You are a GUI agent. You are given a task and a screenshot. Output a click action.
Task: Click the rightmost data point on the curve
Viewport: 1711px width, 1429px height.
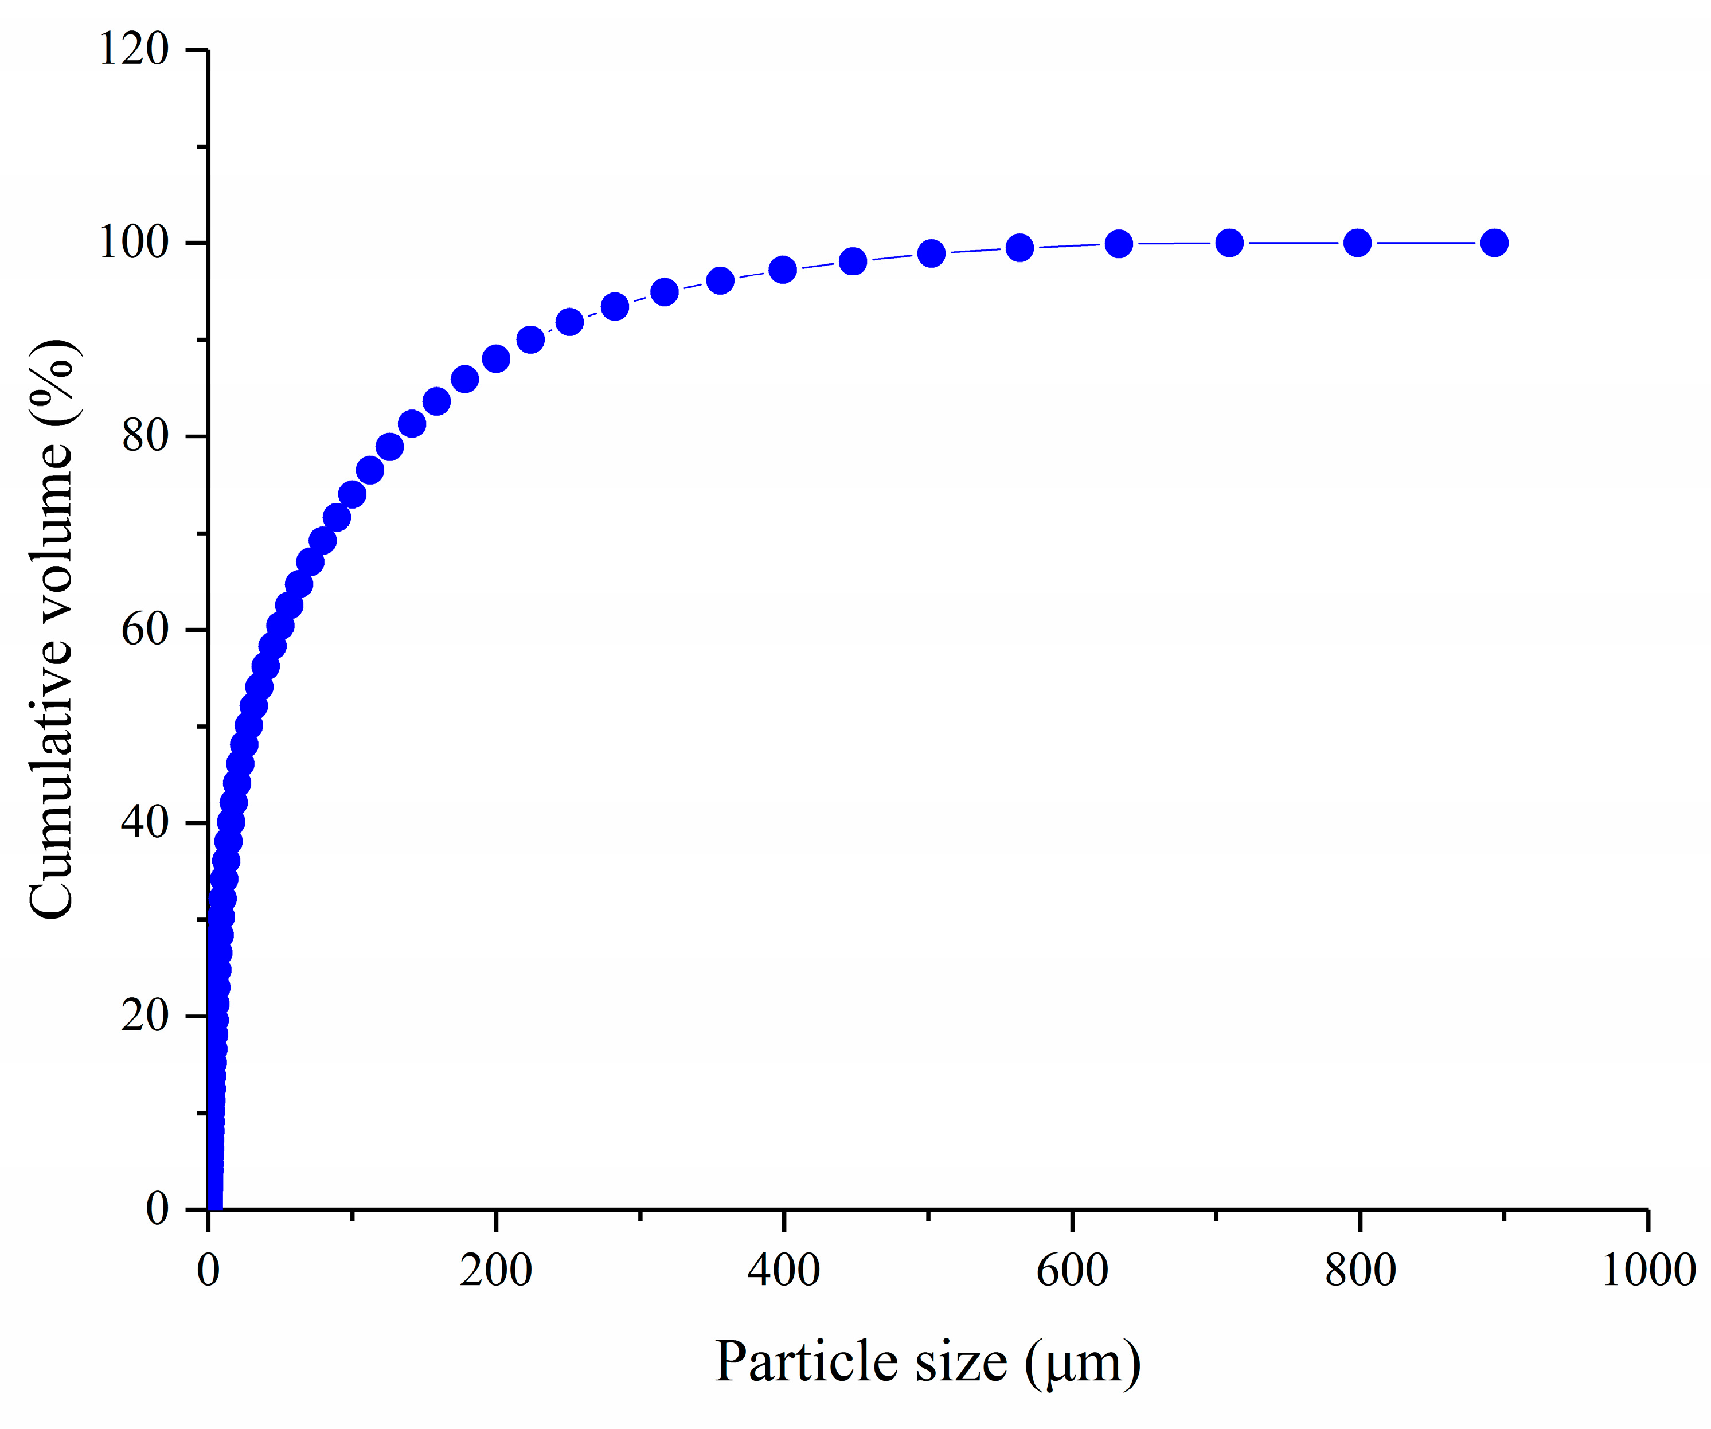pos(1494,243)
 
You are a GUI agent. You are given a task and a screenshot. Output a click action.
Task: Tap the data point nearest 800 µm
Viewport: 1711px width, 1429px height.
pos(1357,243)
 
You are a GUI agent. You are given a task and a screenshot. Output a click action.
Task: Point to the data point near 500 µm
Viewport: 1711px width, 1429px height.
pos(931,253)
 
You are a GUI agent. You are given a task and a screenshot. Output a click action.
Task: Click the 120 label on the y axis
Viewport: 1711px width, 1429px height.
pos(134,50)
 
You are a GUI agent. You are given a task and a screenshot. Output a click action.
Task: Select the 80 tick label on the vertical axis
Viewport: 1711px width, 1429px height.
pos(145,437)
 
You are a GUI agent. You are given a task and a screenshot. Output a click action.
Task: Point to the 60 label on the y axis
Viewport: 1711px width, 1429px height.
pos(145,630)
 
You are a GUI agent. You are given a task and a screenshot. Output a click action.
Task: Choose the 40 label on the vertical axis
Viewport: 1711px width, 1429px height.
pos(145,823)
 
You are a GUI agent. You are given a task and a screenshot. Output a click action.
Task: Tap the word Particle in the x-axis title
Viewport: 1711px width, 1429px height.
pos(807,1362)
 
